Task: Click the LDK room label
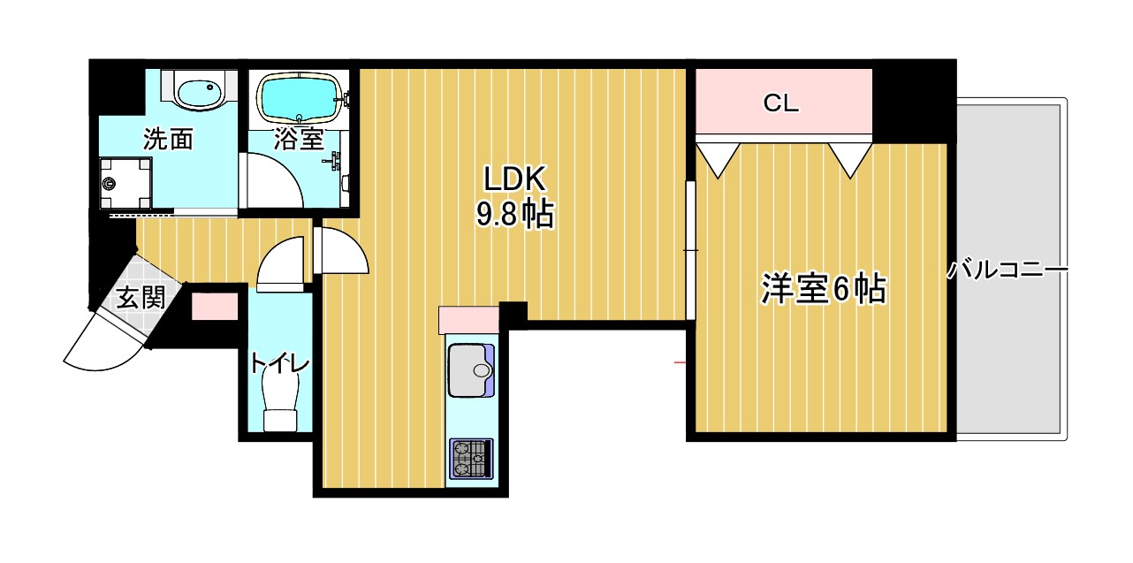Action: click(x=516, y=179)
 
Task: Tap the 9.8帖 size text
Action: click(x=516, y=215)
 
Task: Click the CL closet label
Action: click(x=781, y=103)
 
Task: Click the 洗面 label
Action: click(x=168, y=140)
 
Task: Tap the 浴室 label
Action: click(x=299, y=139)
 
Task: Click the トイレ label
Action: click(x=278, y=363)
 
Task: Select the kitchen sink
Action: click(x=471, y=369)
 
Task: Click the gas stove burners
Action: click(x=470, y=459)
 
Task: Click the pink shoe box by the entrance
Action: click(x=215, y=307)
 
